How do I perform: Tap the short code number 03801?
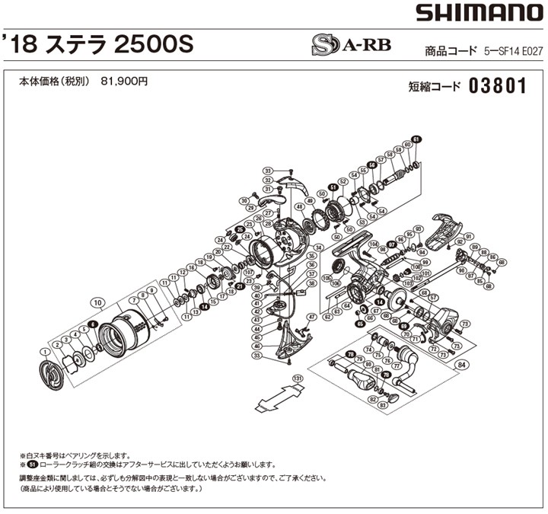[x=499, y=85]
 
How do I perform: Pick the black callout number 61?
[x=416, y=139]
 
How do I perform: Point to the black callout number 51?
[x=333, y=187]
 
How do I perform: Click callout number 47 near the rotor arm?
[x=311, y=316]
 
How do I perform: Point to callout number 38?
[x=311, y=283]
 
